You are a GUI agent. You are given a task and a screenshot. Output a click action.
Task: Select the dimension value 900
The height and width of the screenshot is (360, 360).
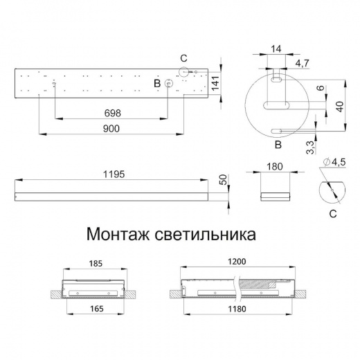point(110,129)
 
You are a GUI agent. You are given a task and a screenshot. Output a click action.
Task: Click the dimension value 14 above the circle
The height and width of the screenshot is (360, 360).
point(276,49)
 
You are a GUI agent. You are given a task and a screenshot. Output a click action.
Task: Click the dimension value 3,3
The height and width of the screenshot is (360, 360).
point(311,146)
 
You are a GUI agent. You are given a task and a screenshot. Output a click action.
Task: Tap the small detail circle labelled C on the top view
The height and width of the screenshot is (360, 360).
point(184,71)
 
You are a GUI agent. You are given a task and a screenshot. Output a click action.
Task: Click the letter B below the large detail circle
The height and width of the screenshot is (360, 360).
point(277,145)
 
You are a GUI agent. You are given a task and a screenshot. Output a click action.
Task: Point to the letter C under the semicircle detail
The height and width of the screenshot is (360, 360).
point(333,215)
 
